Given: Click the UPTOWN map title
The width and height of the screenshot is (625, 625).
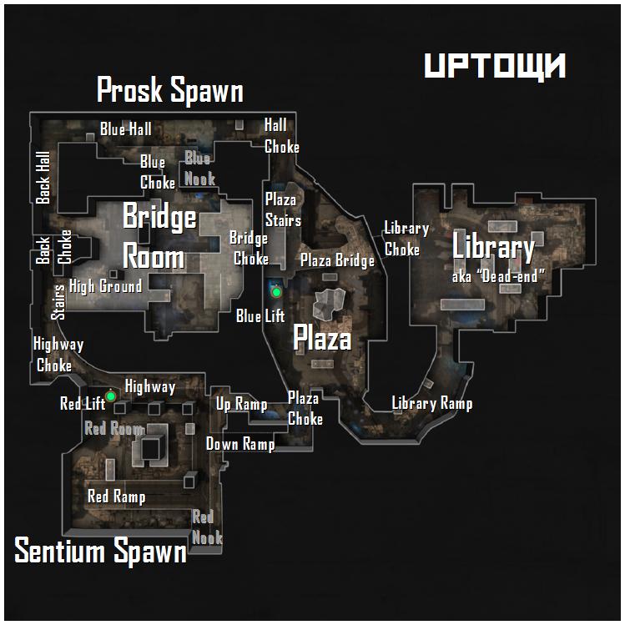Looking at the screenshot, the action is click(x=495, y=65).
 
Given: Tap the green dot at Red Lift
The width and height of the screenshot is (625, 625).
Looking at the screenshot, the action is click(x=110, y=396).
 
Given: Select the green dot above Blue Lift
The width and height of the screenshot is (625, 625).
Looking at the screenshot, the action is click(x=276, y=293).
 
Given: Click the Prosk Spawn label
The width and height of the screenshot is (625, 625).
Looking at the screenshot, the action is click(x=170, y=89).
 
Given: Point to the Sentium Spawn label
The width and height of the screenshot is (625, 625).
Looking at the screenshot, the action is click(x=100, y=551).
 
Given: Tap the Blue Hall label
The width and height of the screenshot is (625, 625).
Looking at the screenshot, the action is click(x=125, y=129).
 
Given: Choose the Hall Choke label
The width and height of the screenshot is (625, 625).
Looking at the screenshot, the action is click(x=281, y=136).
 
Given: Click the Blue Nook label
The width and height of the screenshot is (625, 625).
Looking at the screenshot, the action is click(x=199, y=169).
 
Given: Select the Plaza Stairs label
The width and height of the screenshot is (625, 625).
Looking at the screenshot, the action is click(x=283, y=209).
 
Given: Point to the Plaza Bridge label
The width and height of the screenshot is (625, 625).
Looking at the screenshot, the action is click(x=338, y=260).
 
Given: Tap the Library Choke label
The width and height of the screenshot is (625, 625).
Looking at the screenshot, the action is click(x=406, y=239).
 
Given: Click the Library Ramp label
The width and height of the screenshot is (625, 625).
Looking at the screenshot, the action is click(x=432, y=403).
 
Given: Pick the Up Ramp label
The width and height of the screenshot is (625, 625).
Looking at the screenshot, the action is click(x=241, y=404).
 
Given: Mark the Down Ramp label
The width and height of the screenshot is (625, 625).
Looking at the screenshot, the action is click(x=240, y=444).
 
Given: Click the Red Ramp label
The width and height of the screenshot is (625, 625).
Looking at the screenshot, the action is click(x=116, y=496).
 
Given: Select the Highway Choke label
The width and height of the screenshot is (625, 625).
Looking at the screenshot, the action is click(x=58, y=355).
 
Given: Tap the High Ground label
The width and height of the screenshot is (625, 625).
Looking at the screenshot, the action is click(x=106, y=286).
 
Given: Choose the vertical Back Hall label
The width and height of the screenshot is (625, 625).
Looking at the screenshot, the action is click(x=43, y=178).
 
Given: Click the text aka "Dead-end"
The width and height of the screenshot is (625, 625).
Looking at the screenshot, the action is click(x=498, y=276).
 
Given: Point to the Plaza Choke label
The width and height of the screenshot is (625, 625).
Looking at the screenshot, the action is click(x=305, y=408).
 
